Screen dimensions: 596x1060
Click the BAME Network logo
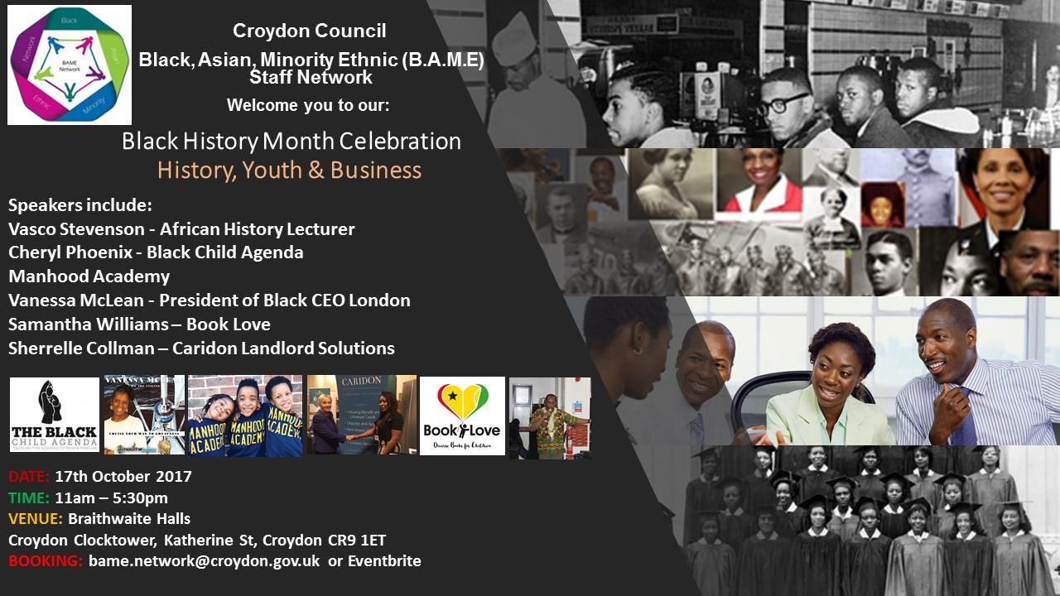[70, 65]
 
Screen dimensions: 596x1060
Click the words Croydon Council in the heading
[309, 31]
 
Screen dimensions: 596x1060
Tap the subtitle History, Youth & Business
[289, 171]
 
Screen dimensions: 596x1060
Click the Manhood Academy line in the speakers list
[89, 276]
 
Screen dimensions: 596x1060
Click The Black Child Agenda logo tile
[55, 416]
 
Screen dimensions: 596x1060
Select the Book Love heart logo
[462, 416]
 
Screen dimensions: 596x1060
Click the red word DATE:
[29, 477]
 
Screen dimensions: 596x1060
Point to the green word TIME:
[28, 498]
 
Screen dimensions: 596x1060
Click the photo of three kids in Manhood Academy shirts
[245, 416]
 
